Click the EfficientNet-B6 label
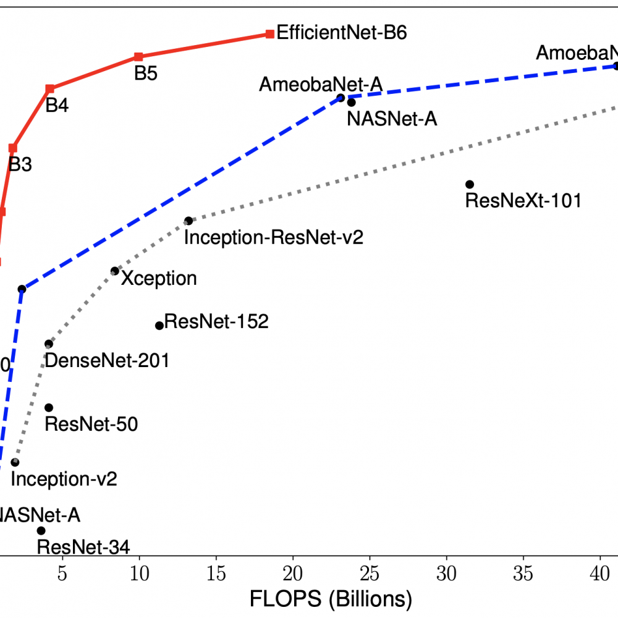point(341,33)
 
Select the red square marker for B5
point(138,57)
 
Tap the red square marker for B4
point(50,89)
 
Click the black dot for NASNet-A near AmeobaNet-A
point(351,103)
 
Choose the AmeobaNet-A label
point(321,84)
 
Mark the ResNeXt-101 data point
point(469,184)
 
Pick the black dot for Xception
point(114,271)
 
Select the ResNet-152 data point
point(159,326)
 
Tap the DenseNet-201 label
point(107,360)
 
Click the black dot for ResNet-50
point(49,407)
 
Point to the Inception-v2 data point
point(15,462)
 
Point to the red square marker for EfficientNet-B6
point(269,33)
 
